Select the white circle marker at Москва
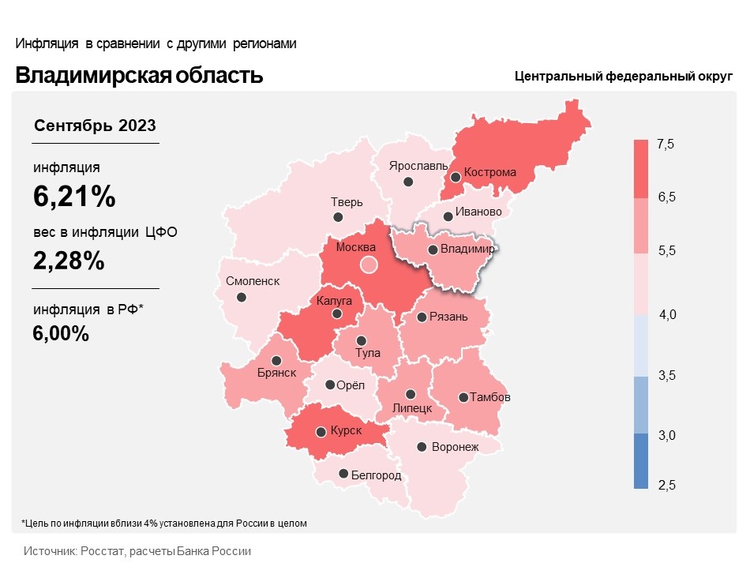click(x=369, y=265)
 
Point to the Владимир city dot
click(x=433, y=250)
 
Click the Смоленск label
click(x=252, y=281)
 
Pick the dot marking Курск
click(x=321, y=432)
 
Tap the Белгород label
click(x=375, y=475)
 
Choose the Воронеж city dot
click(x=422, y=447)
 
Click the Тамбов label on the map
click(x=490, y=397)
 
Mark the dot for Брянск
click(x=276, y=359)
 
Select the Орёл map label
click(x=351, y=385)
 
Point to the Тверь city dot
click(x=338, y=217)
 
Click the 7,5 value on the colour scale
click(x=666, y=145)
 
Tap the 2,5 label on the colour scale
click(x=666, y=484)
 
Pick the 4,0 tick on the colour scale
click(x=667, y=315)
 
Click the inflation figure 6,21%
click(x=74, y=197)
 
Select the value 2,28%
click(x=69, y=260)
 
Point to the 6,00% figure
click(x=60, y=334)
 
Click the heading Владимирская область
click(x=139, y=76)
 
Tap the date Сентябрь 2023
click(x=95, y=126)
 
